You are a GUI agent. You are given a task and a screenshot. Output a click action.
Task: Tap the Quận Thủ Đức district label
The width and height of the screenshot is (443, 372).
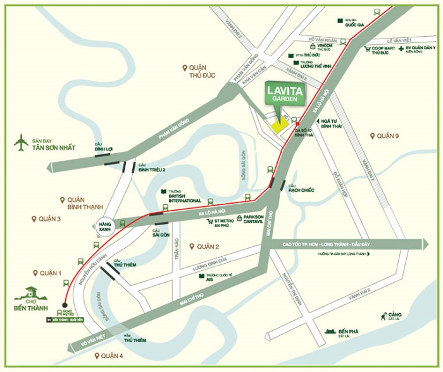199,71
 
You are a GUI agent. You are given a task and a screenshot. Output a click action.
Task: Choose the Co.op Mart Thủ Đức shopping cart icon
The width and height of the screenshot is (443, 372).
366,49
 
